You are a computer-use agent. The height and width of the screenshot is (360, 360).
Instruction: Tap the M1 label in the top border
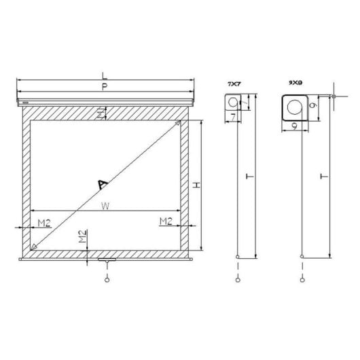point(101,113)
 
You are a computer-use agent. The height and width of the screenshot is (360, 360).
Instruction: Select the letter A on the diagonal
point(103,183)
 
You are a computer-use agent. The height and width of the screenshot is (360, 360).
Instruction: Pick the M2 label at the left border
point(44,221)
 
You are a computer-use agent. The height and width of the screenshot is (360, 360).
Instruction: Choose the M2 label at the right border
point(165,221)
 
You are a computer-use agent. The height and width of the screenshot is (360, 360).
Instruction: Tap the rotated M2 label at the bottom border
point(82,238)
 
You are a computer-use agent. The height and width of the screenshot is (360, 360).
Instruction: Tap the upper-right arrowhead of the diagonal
point(179,124)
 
